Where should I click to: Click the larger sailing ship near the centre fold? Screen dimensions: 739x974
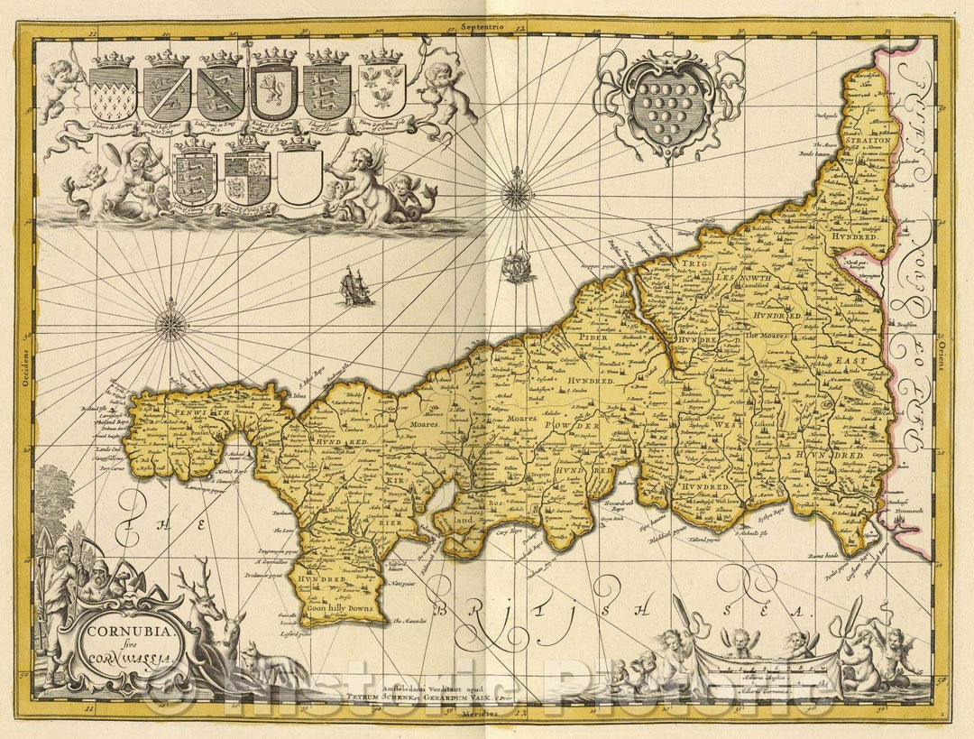516,264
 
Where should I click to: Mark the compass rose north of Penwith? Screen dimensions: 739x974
170,325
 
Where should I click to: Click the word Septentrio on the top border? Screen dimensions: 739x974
486,27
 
